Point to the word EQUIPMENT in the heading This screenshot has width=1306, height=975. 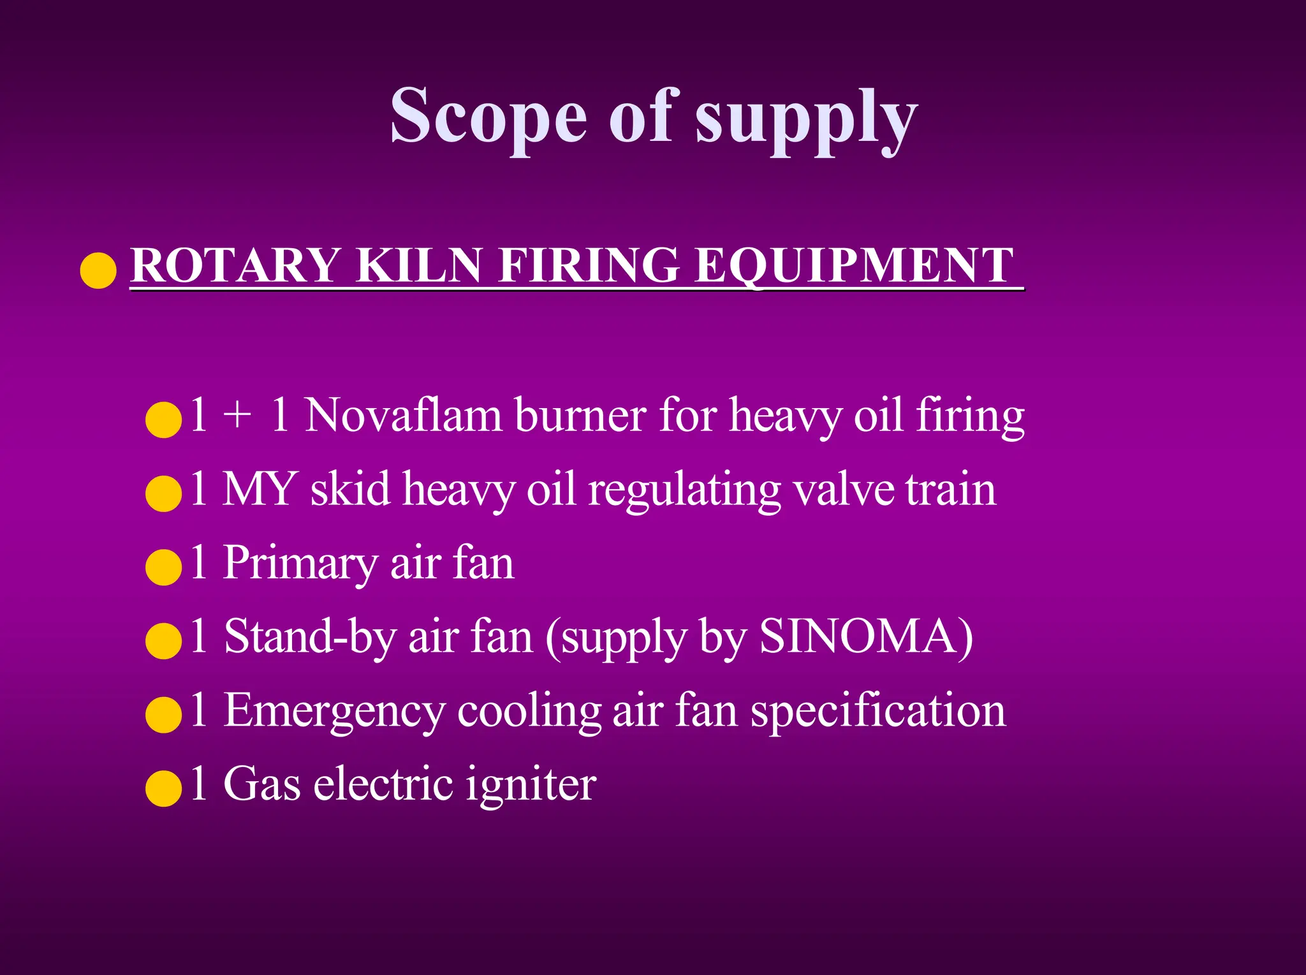tap(854, 265)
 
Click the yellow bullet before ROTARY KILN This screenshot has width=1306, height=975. tap(98, 270)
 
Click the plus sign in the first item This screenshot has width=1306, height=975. tap(237, 416)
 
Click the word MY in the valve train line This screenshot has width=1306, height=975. tap(260, 489)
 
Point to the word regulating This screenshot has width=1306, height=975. tap(684, 491)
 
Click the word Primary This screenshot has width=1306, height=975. tap(300, 564)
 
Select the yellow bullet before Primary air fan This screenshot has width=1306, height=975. tap(164, 568)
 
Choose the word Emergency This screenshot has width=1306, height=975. tap(334, 711)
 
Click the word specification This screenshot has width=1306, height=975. tap(877, 711)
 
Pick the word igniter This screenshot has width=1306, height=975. tap(531, 785)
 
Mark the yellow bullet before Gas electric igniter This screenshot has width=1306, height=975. tap(164, 789)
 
